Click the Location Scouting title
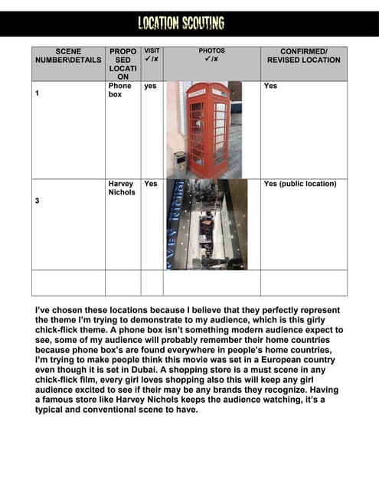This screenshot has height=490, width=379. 181,24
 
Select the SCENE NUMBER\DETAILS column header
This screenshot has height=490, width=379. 67,55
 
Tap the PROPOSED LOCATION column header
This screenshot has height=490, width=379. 123,64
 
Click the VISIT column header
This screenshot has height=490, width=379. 152,55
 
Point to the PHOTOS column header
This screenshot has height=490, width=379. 211,55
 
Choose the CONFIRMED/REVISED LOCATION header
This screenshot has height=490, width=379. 303,55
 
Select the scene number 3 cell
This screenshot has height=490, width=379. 38,201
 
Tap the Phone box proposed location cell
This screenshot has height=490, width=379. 119,90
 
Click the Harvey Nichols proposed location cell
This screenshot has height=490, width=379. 122,188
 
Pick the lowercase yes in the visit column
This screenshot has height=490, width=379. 150,87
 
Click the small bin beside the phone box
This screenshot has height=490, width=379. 181,162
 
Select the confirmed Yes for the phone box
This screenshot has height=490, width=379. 270,87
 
